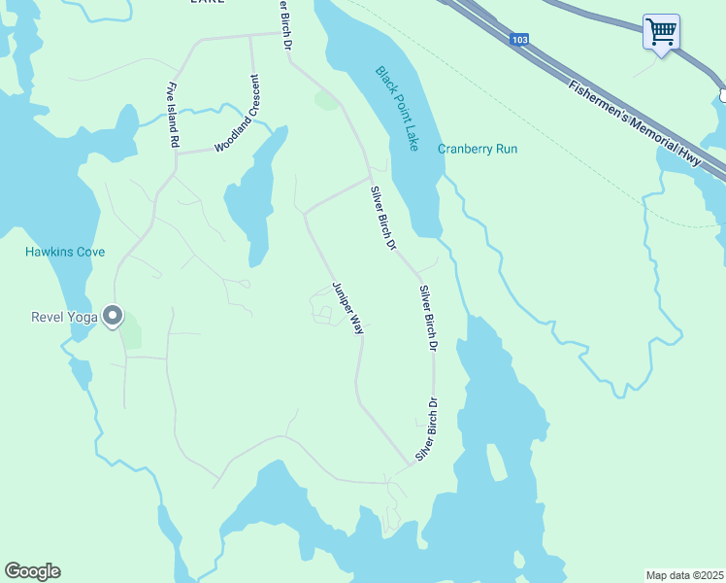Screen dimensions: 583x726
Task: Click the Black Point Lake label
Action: pyautogui.click(x=397, y=108)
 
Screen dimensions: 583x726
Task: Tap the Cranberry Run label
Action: pyautogui.click(x=478, y=149)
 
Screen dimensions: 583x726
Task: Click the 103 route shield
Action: pyautogui.click(x=519, y=39)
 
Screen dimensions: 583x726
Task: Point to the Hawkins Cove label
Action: pyautogui.click(x=65, y=253)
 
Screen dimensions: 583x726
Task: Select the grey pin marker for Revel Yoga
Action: pyautogui.click(x=114, y=316)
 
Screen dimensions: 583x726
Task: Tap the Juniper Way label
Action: pyautogui.click(x=347, y=308)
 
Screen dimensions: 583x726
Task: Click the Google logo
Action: pyautogui.click(x=32, y=571)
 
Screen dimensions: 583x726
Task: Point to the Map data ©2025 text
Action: pyautogui.click(x=683, y=575)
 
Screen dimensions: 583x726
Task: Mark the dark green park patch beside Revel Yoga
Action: pyautogui.click(x=131, y=334)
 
